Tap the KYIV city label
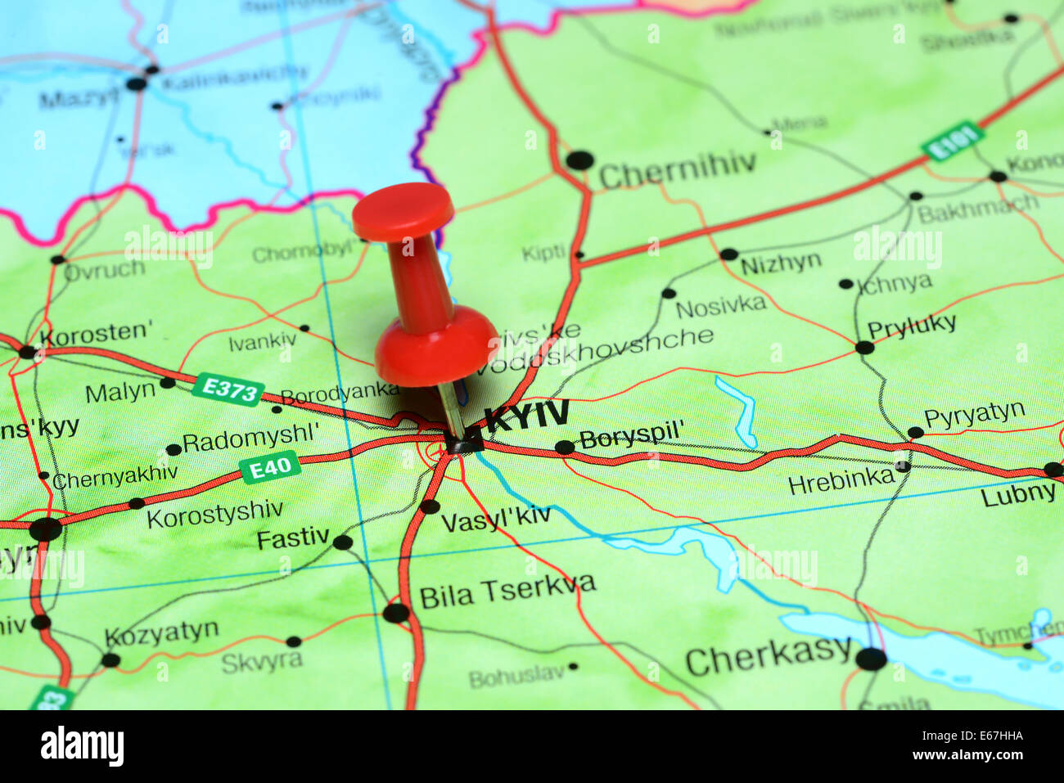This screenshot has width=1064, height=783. [526, 416]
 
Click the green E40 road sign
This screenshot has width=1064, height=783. [270, 468]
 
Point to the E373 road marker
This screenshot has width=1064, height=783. [228, 389]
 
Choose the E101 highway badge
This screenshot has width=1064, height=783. [952, 142]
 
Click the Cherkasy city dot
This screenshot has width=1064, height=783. [871, 658]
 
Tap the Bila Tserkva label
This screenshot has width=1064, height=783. [507, 590]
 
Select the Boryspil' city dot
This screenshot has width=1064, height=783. [565, 448]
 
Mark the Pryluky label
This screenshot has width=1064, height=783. [912, 326]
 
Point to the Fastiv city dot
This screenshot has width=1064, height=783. [343, 542]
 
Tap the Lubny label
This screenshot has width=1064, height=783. [1018, 493]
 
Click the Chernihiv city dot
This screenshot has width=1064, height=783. [579, 160]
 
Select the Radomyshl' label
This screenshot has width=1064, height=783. [250, 439]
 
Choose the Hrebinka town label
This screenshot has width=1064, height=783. [841, 480]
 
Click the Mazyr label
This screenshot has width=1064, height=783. [79, 100]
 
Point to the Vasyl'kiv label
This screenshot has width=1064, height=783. [496, 518]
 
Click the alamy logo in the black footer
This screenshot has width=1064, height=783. [82, 746]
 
